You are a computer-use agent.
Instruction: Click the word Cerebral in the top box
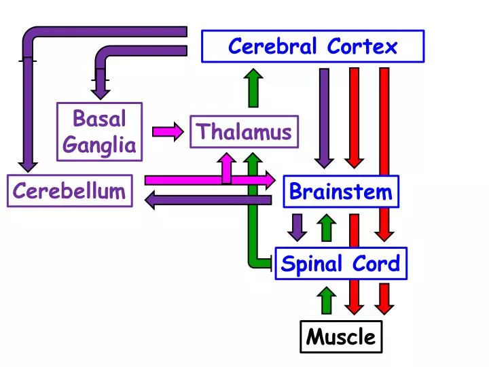(x=273, y=46)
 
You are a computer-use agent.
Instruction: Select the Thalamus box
(x=244, y=132)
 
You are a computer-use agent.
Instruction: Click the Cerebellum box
(x=69, y=191)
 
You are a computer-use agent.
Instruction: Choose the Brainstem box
(x=341, y=192)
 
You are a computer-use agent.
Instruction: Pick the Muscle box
(x=341, y=336)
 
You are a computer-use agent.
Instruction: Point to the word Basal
(x=99, y=119)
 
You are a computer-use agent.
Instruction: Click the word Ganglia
(x=99, y=145)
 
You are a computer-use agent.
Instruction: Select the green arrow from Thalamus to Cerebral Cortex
(x=253, y=88)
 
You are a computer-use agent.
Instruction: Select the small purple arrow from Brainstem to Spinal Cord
(x=297, y=227)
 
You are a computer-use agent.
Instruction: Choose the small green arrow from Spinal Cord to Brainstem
(x=327, y=228)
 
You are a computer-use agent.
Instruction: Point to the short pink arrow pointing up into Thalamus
(x=227, y=167)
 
